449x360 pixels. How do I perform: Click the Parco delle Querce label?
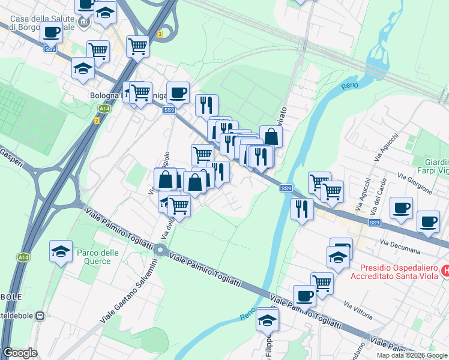pos(94,257)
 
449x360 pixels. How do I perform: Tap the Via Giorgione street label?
pos(415,181)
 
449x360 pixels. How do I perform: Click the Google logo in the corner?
pos(20,353)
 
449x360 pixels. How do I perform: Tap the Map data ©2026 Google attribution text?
pos(412,355)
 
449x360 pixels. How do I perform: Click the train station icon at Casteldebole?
pos(40,316)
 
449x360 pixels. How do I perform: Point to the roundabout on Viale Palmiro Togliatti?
pos(160,249)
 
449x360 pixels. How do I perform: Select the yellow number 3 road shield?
pos(159,34)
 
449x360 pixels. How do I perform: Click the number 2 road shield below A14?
pos(96,121)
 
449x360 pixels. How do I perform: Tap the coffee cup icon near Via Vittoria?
pos(304,295)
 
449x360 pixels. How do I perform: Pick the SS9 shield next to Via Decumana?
pos(375,223)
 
